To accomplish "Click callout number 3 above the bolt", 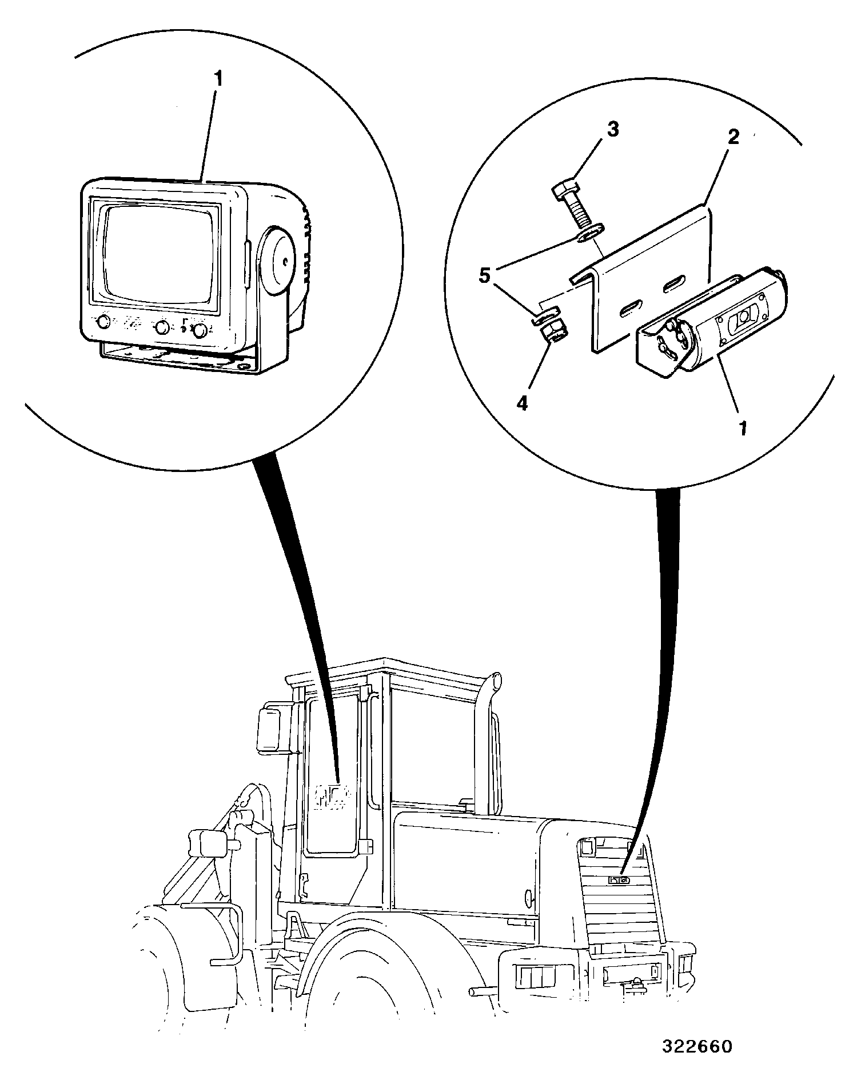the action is (x=612, y=130).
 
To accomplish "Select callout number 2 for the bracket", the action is (x=733, y=137).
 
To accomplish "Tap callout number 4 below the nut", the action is (x=522, y=403).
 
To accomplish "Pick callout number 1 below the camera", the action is (x=743, y=428).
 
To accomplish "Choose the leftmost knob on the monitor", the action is (x=103, y=323).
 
